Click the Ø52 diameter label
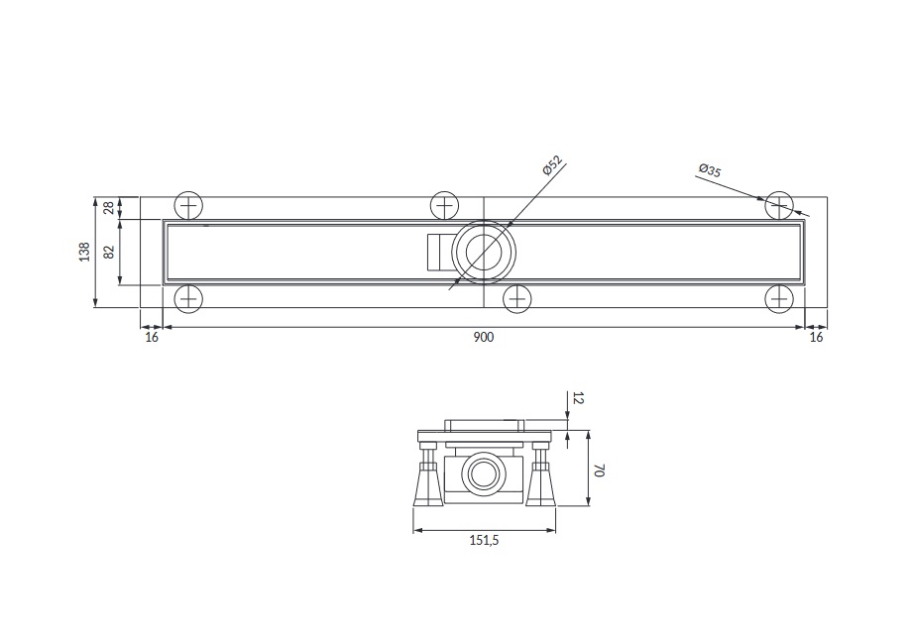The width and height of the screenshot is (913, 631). point(551,165)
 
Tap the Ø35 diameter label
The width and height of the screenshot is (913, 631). point(710,170)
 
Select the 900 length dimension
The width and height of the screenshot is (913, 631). point(484,337)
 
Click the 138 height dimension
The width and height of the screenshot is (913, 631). point(85,252)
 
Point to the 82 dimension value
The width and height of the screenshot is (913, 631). point(109,252)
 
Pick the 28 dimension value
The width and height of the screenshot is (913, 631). point(109,208)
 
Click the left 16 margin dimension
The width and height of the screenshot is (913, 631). point(152,337)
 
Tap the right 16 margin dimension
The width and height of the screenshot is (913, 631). point(816,337)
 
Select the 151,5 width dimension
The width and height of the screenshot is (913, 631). point(485,540)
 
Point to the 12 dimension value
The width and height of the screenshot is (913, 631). point(578,398)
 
